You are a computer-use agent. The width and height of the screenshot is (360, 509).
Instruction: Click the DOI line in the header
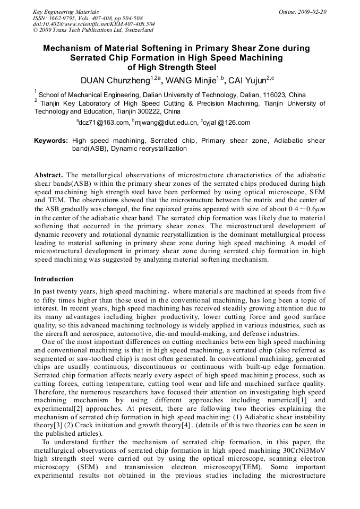click(93, 24)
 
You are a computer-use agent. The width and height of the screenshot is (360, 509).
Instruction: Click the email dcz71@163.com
click(104, 123)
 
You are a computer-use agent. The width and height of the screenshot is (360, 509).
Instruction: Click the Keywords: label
click(51, 141)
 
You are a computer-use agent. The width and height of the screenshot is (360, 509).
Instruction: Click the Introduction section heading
click(54, 279)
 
